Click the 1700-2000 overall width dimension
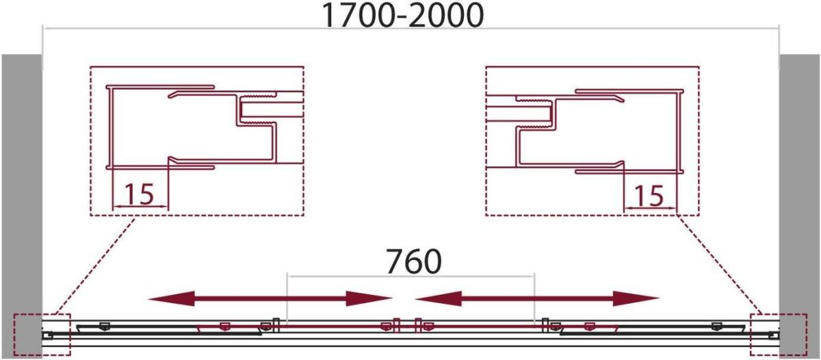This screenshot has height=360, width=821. click(402, 16)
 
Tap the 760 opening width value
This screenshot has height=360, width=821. click(414, 261)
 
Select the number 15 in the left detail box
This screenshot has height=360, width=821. click(140, 194)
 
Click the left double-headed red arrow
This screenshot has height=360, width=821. click(270, 298)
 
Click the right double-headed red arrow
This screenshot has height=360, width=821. click(537, 298)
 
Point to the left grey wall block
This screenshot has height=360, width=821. click(22, 205)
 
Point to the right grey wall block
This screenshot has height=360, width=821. click(799, 205)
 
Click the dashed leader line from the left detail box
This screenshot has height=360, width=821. click(95, 265)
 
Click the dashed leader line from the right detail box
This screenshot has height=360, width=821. click(720, 265)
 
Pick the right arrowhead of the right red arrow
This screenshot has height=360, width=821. click(636, 298)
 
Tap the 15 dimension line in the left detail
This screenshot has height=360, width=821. click(140, 207)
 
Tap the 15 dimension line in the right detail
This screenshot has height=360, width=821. click(650, 208)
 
